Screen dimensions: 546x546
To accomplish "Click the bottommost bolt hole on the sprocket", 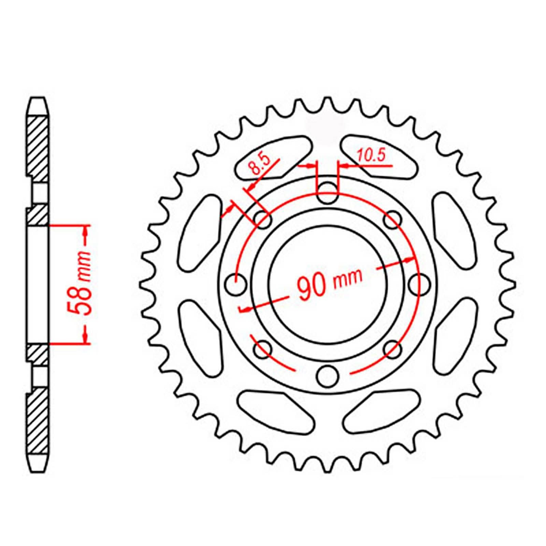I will [x=327, y=375].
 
